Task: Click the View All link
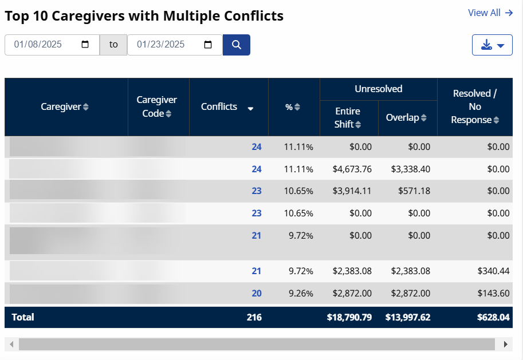coord(490,13)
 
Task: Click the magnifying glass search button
coord(236,45)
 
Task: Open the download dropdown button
coord(492,45)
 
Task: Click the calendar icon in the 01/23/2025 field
coord(208,45)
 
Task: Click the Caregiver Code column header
coord(157,106)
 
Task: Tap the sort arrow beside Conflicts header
coord(250,108)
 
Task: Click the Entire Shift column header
coord(348,117)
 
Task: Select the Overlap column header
coord(406,117)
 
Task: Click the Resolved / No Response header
coord(474,106)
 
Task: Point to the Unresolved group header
coord(378,89)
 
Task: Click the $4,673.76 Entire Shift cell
coord(352,169)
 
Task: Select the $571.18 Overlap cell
coord(414,191)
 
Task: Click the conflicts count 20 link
coord(256,293)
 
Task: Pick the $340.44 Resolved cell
coord(493,271)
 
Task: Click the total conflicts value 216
coord(253,317)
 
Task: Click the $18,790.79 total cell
coord(349,317)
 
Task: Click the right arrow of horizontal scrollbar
coord(505,344)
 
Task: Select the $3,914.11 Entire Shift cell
coord(352,191)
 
